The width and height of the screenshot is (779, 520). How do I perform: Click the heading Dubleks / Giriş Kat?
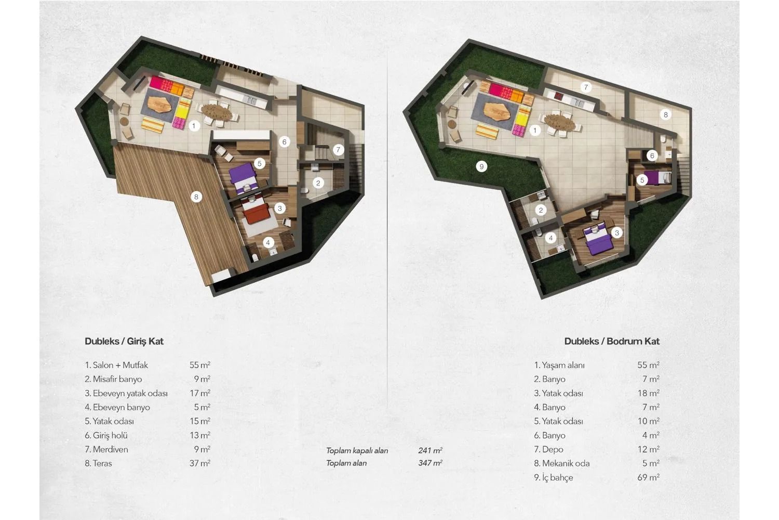coord(124,341)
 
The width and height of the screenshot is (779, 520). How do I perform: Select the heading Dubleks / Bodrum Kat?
coord(612,341)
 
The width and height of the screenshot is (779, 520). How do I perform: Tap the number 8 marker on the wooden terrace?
coord(196,197)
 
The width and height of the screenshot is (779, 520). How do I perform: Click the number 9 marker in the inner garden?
coord(481,166)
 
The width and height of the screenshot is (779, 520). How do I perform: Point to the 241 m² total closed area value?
coord(430,450)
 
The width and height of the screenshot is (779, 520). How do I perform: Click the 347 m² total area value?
coord(430,463)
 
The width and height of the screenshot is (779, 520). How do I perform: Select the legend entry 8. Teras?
coord(99,463)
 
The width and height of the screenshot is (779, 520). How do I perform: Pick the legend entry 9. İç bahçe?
coord(553,477)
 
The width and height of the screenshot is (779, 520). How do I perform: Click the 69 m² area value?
coord(648,477)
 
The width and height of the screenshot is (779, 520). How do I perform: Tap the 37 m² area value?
coord(200,463)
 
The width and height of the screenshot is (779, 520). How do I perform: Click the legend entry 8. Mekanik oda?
coord(561,463)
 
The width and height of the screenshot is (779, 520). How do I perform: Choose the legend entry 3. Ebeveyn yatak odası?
coord(126,393)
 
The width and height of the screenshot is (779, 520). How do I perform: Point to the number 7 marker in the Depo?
coord(586,87)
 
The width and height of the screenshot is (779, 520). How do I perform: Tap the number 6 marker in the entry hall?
coord(285,142)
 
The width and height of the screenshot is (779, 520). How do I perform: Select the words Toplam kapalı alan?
coord(357,451)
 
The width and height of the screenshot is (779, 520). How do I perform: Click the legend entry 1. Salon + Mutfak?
coord(116,365)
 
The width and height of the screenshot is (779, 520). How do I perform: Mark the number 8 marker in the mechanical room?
coord(666,114)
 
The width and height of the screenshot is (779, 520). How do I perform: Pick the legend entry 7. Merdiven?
coord(106,449)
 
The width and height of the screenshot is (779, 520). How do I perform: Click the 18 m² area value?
coord(649,393)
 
